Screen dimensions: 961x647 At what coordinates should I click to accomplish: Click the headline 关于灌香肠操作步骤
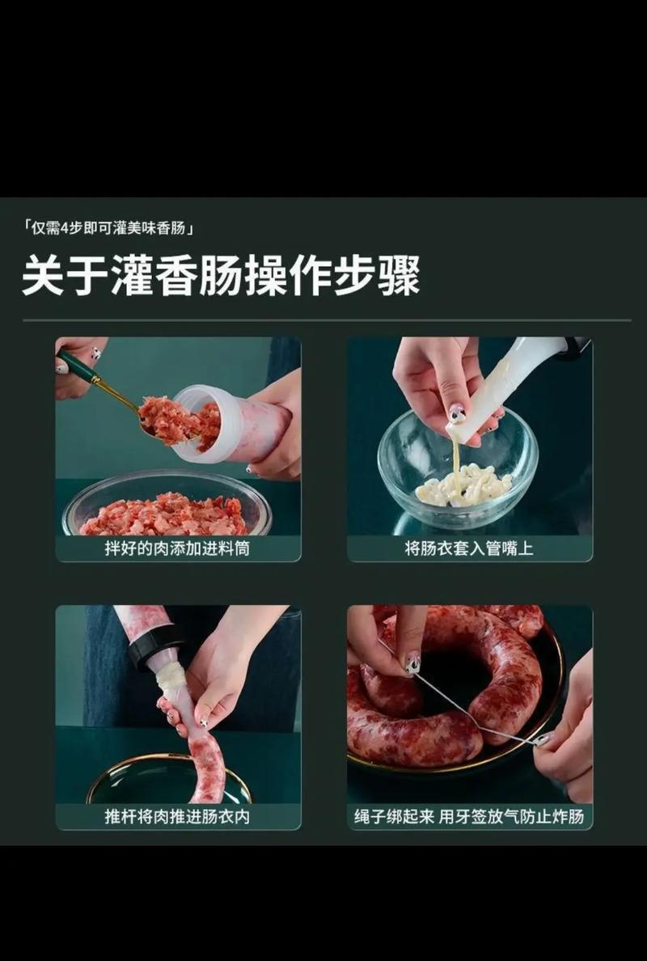220,275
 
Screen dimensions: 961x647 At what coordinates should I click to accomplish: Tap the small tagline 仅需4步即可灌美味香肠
108,229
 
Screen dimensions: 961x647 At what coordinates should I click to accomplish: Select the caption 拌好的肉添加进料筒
177,548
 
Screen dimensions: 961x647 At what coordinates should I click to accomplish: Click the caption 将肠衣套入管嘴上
469,548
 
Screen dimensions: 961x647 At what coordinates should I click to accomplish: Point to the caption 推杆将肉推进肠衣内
177,816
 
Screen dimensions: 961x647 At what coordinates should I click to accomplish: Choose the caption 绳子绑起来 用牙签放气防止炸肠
469,816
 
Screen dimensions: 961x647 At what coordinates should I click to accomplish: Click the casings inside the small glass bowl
463,485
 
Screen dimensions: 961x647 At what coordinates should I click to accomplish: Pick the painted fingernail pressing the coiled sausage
412,664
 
